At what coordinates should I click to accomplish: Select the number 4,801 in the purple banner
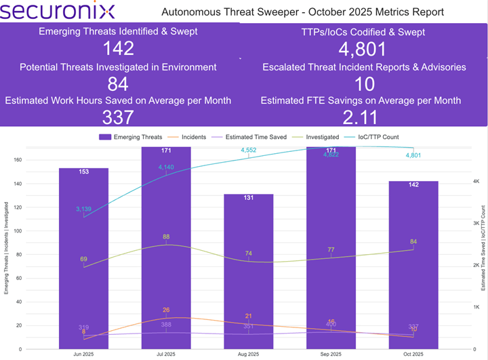(363, 49)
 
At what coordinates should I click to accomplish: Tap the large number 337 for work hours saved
(118, 117)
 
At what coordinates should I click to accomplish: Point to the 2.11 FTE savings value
(363, 117)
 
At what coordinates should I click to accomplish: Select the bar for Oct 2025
(413, 264)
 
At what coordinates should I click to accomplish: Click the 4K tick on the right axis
(477, 182)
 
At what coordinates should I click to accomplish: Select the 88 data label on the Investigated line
(166, 237)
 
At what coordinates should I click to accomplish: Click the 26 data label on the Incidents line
(166, 311)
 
